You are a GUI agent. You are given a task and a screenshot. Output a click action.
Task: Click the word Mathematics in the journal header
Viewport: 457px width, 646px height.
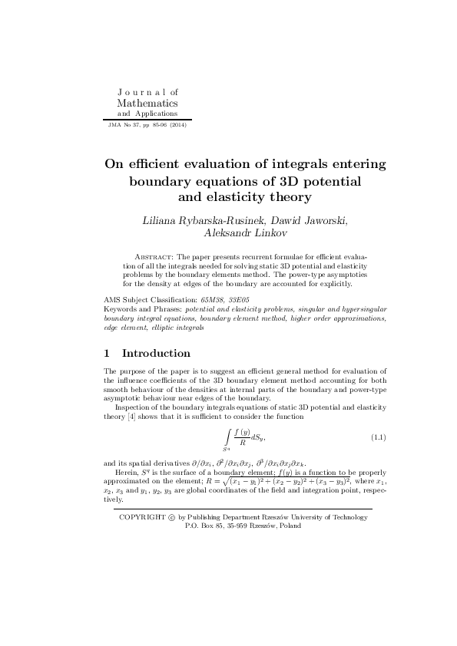pyautogui.click(x=147, y=102)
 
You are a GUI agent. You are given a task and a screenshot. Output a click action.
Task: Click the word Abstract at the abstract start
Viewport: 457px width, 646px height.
pyautogui.click(x=155, y=256)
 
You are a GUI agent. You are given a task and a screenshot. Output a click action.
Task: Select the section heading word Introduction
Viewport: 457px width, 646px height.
pyautogui.click(x=156, y=354)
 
